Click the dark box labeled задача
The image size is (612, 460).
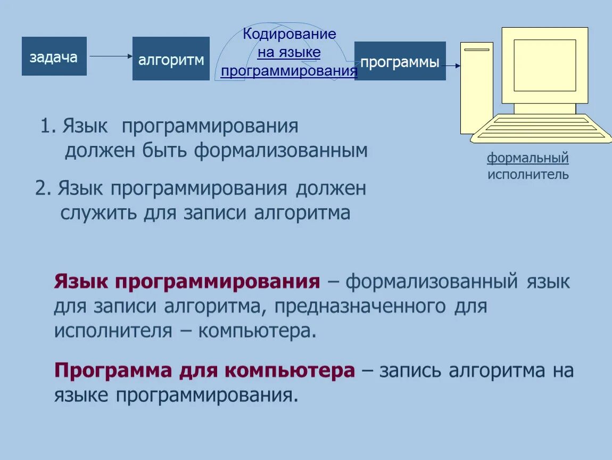tap(54, 56)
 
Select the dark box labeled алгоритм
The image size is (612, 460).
tap(171, 59)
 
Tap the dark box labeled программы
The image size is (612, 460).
tap(400, 62)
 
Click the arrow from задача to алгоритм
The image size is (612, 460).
tap(110, 56)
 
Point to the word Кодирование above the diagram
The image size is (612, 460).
tap(290, 35)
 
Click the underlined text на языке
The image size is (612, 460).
tap(289, 53)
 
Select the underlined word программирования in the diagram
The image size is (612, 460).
tap(289, 71)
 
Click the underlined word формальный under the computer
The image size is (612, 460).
tap(527, 158)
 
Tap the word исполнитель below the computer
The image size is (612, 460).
tap(528, 174)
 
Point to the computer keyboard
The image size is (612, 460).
tap(541, 128)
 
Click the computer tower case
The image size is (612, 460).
tap(476, 88)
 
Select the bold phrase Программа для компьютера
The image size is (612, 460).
tap(204, 371)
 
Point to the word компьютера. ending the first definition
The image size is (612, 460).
tap(257, 331)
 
